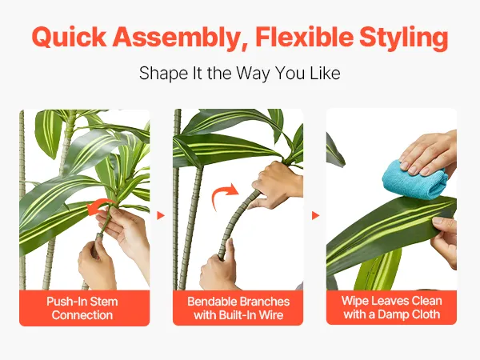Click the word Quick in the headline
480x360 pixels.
tap(69, 37)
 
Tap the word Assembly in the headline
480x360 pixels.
tap(176, 38)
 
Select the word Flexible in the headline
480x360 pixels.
tap(304, 37)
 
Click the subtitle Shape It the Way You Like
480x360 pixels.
tap(240, 74)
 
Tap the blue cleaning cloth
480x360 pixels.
tap(415, 179)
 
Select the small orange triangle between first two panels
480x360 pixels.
tap(161, 215)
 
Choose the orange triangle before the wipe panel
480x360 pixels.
tap(316, 215)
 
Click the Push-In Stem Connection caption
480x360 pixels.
tap(82, 308)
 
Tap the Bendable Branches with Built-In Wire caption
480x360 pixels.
tap(238, 308)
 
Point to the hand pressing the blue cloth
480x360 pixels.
tap(429, 153)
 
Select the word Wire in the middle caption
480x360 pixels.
tap(271, 315)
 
